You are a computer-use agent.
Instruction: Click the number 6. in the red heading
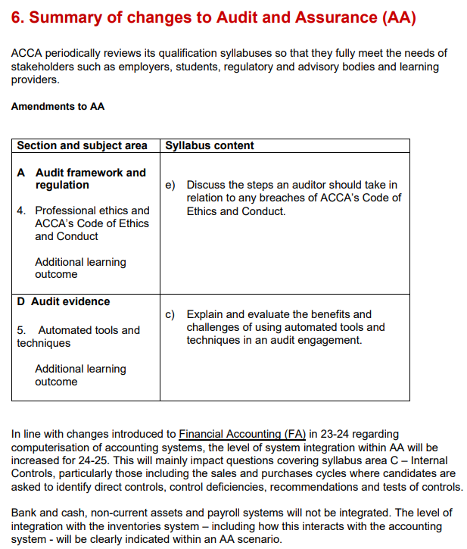19,17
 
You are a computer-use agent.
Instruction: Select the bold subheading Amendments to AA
58,107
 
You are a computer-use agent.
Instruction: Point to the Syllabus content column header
210,145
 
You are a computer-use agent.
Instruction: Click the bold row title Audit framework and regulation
90,179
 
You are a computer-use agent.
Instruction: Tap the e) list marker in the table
170,185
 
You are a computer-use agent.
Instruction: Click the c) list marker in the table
170,314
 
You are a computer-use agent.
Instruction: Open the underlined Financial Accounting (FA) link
242,435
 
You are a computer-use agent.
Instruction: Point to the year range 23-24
336,435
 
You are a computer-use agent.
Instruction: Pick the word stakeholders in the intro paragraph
42,67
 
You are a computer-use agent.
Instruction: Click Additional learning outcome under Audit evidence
80,376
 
